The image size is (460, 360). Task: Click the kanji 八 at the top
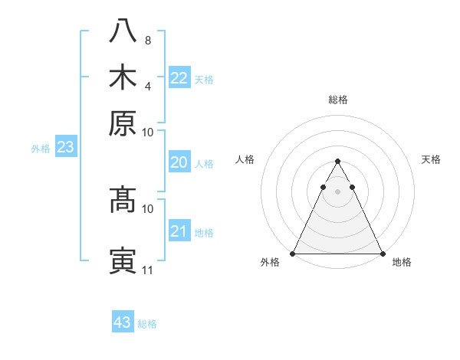[x=123, y=32]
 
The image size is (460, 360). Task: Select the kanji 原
[x=123, y=123]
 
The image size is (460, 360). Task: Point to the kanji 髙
[x=123, y=200]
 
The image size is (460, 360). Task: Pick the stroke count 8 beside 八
[x=148, y=40]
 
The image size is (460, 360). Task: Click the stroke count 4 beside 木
[x=148, y=85]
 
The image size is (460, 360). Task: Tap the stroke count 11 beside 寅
[x=148, y=270]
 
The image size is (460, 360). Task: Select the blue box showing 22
[x=179, y=78]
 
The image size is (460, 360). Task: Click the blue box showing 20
[x=179, y=162]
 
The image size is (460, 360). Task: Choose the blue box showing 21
[x=179, y=231]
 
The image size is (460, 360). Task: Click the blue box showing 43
[x=123, y=322]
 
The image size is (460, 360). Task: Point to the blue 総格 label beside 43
[x=147, y=324]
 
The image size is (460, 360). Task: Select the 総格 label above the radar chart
[x=337, y=100]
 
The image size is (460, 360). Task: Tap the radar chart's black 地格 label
[x=402, y=262]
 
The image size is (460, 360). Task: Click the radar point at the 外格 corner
[x=293, y=254]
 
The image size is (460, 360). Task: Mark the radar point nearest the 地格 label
[x=382, y=254]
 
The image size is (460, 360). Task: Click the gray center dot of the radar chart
[x=337, y=191]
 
